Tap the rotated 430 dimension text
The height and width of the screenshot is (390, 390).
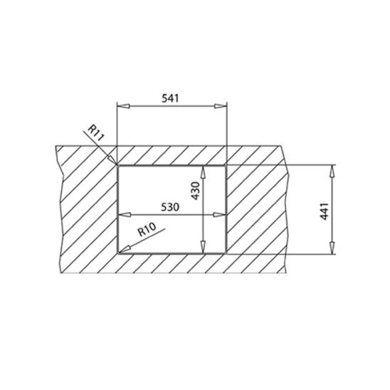click(x=196, y=190)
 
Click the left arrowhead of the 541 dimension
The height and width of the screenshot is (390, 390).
click(x=121, y=106)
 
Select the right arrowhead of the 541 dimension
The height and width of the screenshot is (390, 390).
click(x=222, y=106)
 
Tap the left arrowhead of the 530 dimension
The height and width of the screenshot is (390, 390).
click(x=122, y=213)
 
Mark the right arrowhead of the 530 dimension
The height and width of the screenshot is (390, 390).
click(x=221, y=213)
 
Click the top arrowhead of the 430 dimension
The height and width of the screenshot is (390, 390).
click(x=206, y=171)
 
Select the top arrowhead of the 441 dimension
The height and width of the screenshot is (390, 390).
click(x=332, y=169)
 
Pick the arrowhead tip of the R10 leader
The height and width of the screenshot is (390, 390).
click(x=121, y=250)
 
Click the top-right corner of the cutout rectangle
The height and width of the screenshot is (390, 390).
click(x=226, y=165)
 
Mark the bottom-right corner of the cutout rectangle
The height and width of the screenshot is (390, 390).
click(x=226, y=253)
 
